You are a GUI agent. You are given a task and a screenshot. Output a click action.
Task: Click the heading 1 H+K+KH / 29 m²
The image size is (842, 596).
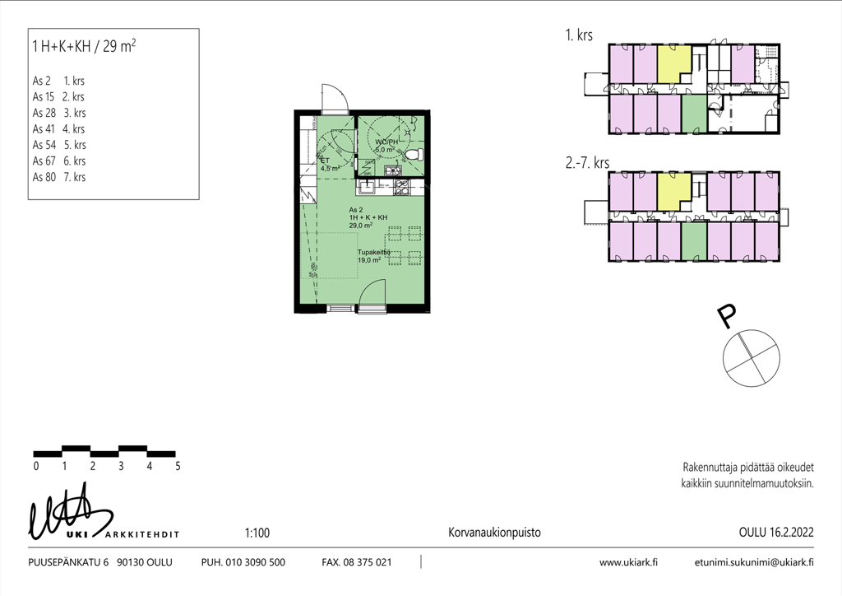click(84, 46)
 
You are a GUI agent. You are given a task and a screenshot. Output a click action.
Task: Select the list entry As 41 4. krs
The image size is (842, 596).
click(58, 129)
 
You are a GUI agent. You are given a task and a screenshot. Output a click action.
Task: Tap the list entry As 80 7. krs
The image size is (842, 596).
click(59, 177)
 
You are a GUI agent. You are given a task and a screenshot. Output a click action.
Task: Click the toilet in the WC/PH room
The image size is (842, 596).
click(415, 156)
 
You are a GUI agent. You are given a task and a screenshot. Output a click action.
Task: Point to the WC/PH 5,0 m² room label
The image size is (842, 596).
click(386, 146)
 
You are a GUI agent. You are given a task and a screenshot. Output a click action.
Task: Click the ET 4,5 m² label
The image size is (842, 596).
click(330, 165)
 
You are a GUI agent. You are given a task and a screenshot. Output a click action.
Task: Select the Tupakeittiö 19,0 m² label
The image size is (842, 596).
click(374, 256)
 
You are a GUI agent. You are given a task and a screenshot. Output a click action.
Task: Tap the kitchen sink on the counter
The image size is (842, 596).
click(368, 187)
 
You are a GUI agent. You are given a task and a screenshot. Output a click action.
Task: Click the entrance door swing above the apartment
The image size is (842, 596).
click(335, 97)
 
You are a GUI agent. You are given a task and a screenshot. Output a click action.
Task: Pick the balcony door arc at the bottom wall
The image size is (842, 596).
click(372, 293)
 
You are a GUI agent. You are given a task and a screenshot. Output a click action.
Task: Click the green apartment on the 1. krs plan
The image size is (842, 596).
click(694, 114)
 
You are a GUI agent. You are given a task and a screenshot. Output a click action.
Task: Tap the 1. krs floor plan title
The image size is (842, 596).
click(579, 35)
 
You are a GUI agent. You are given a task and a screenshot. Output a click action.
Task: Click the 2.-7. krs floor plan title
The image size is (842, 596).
click(587, 162)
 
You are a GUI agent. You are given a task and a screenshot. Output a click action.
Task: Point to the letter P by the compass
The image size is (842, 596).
click(726, 316)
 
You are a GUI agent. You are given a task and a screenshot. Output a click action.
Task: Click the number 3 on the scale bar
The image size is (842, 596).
click(121, 466)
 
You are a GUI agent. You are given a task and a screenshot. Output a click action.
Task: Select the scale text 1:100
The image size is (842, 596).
click(257, 533)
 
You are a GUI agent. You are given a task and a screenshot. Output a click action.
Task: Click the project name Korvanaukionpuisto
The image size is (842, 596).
click(494, 533)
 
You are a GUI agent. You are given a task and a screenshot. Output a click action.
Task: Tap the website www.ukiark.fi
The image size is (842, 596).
click(628, 562)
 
